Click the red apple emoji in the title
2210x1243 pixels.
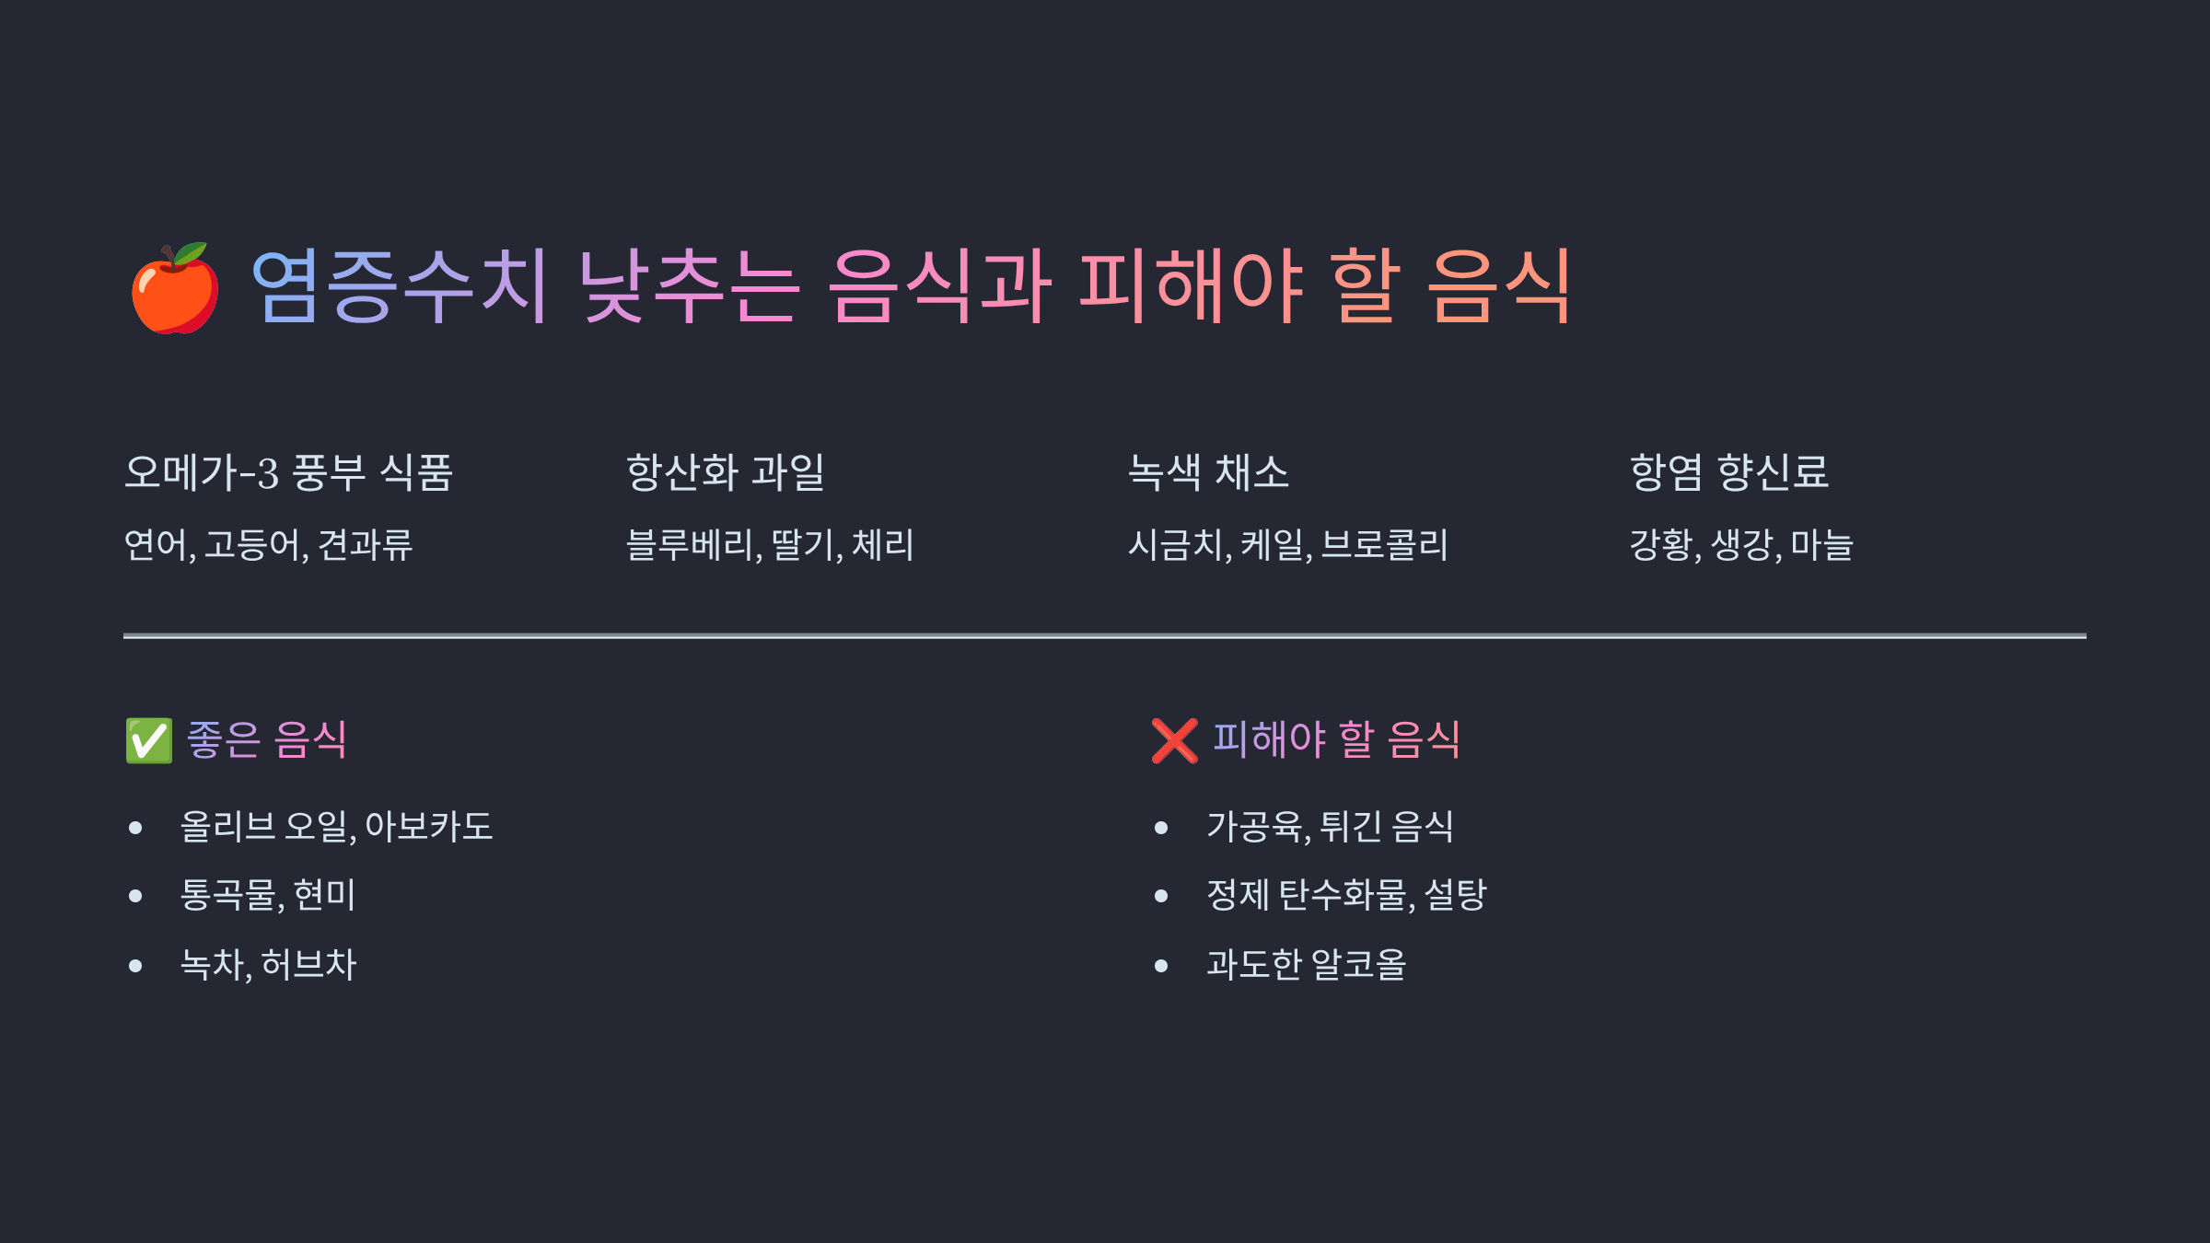pos(175,288)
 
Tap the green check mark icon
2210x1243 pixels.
pos(149,740)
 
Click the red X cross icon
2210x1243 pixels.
pos(1174,740)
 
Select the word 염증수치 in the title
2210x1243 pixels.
pos(400,286)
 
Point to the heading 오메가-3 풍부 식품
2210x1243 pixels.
pos(288,472)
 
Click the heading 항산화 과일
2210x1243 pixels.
pos(725,472)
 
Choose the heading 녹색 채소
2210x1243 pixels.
pos(1208,472)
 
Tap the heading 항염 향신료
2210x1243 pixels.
pos(1728,472)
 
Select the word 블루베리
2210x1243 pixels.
pos(691,544)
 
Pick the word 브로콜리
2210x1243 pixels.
pos(1384,544)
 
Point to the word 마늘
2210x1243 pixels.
pos(1821,544)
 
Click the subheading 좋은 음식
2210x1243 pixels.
pos(266,739)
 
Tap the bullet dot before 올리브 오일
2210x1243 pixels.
pos(136,828)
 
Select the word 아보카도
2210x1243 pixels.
pos(429,826)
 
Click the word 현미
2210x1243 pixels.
pos(324,894)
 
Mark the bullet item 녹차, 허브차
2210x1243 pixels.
pos(267,964)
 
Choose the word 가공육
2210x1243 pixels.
pos(1256,826)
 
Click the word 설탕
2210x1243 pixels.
pos(1455,894)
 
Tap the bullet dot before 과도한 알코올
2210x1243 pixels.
pos(1161,966)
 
